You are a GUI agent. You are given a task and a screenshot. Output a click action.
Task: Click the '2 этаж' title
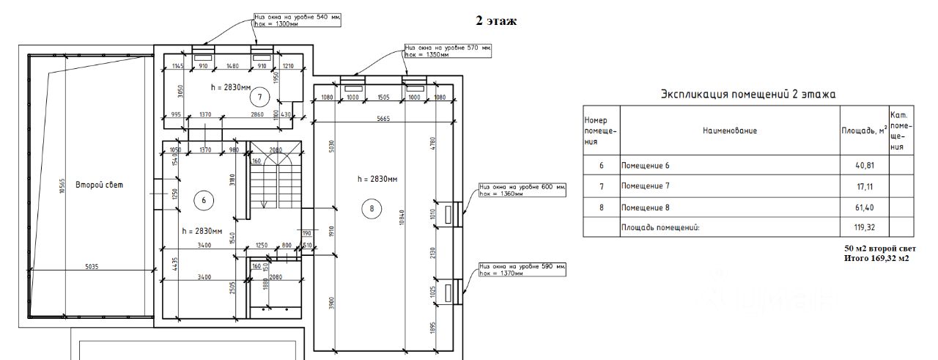click(x=496, y=21)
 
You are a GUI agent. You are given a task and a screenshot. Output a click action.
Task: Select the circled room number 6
click(x=204, y=199)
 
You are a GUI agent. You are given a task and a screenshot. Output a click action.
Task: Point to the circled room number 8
click(x=372, y=209)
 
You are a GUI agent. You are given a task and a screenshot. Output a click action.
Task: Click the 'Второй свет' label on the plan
click(x=100, y=185)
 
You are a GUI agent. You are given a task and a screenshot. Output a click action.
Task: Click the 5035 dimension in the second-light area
click(x=91, y=266)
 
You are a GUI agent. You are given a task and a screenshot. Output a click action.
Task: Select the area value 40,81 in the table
click(x=863, y=166)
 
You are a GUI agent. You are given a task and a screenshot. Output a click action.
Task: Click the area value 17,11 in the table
click(x=863, y=186)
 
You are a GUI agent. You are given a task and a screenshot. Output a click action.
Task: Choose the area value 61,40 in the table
click(x=863, y=207)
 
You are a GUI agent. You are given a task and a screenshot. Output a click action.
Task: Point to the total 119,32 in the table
click(x=863, y=227)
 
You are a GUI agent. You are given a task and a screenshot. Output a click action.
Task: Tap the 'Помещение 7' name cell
click(x=646, y=186)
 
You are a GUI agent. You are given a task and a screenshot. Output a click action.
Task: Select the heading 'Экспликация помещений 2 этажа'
click(x=748, y=94)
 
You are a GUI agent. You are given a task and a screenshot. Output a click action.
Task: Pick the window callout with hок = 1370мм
click(x=502, y=273)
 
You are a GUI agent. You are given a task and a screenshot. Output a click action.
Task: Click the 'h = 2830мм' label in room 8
click(x=377, y=178)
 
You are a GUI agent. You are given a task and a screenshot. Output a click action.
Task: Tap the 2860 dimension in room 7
click(x=257, y=115)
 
